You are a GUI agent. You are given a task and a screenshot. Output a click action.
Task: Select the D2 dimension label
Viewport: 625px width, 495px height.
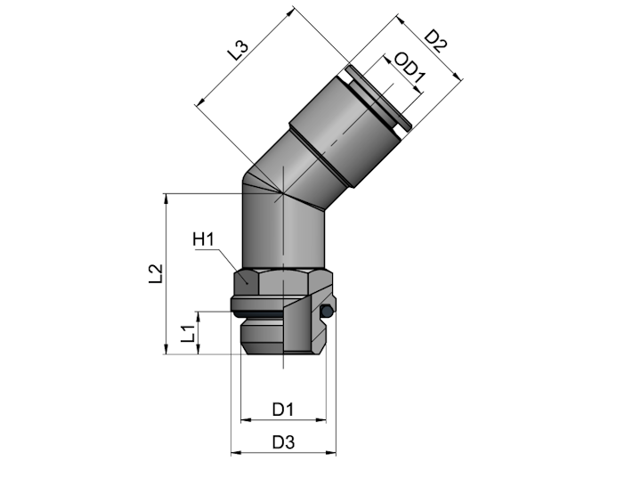click(434, 41)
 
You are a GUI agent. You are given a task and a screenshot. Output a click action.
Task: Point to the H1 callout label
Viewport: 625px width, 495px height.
click(203, 239)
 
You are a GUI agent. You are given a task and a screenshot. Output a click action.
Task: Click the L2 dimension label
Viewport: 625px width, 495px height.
click(156, 274)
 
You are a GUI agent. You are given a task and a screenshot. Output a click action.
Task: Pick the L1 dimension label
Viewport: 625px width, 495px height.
click(188, 334)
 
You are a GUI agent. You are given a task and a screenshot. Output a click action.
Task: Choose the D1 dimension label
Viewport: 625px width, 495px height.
click(283, 410)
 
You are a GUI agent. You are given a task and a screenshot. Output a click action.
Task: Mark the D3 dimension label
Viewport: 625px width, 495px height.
click(283, 442)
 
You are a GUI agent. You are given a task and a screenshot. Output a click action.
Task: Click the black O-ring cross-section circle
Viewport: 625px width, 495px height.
click(327, 311)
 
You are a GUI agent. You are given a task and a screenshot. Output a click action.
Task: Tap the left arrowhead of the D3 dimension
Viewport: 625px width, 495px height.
click(236, 453)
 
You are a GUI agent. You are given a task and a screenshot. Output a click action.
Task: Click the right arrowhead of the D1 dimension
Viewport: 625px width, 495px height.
click(321, 419)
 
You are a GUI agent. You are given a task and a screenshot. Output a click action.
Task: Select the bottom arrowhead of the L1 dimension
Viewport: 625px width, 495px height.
click(199, 349)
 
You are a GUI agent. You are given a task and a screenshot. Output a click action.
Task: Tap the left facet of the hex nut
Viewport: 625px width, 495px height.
click(247, 282)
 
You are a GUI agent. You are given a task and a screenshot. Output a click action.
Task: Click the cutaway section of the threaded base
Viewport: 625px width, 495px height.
click(305, 323)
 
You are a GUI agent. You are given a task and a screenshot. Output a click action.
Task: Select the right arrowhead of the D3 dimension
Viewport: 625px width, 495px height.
click(331, 453)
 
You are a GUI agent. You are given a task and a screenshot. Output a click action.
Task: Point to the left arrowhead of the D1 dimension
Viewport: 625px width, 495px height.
click(247, 419)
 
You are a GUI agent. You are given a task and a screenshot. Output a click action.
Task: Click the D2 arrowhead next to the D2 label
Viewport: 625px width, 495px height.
click(458, 75)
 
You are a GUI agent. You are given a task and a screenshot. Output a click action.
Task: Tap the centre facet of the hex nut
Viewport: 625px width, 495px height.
click(283, 282)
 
